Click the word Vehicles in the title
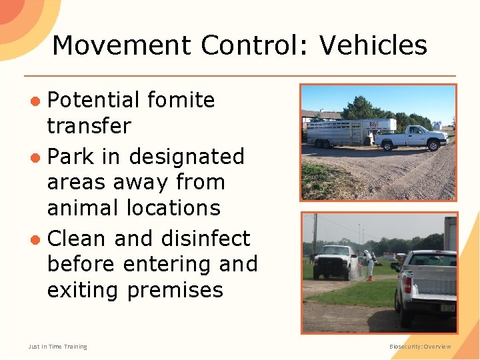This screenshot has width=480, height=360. pyautogui.click(x=373, y=45)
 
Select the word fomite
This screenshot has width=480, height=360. pyautogui.click(x=181, y=100)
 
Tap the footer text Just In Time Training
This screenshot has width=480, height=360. pyautogui.click(x=57, y=347)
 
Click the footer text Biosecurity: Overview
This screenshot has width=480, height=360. pyautogui.click(x=420, y=347)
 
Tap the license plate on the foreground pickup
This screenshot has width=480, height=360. pyautogui.click(x=448, y=308)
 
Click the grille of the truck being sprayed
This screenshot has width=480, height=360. pyautogui.click(x=327, y=262)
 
